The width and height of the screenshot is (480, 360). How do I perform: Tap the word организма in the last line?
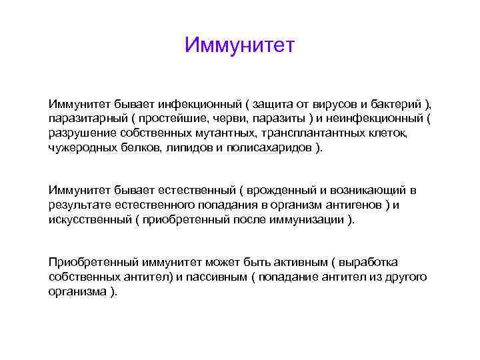[x=77, y=292]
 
